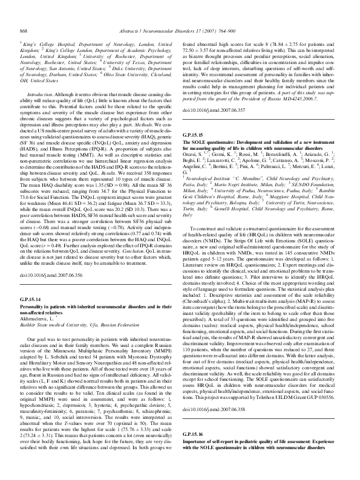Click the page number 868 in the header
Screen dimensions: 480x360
tap(25, 30)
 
